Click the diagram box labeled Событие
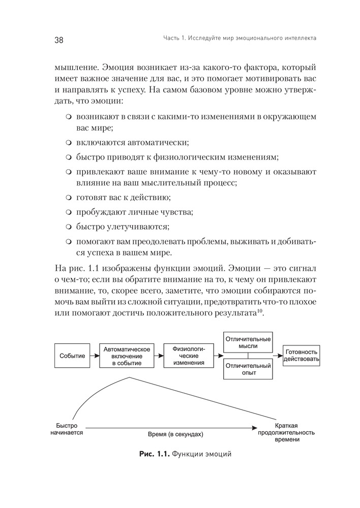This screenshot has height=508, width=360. pyautogui.click(x=72, y=356)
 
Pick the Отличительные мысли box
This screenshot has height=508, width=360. pyautogui.click(x=248, y=342)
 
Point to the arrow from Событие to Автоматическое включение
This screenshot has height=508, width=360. pyautogui.click(x=95, y=356)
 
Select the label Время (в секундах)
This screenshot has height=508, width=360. pyautogui.click(x=175, y=435)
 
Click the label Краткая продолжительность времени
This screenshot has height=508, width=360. pyautogui.click(x=286, y=432)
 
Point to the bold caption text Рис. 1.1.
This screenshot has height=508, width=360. pyautogui.click(x=154, y=454)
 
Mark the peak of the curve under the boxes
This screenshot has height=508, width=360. pyautogui.click(x=131, y=377)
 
